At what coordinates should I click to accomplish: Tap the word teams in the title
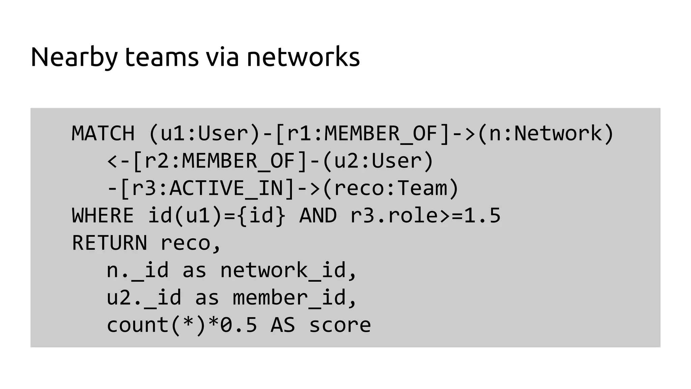[162, 57]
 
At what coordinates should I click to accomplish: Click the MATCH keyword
[103, 133]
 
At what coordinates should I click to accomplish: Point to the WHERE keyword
[103, 215]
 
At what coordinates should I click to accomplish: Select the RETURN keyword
[109, 243]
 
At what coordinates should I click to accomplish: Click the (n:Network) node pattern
[546, 133]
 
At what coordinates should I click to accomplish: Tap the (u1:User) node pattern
[204, 133]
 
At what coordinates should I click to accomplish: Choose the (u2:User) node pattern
[378, 161]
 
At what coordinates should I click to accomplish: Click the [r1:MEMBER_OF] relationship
[362, 133]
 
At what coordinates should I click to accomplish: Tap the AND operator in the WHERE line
[318, 215]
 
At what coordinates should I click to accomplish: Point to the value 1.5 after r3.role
[482, 215]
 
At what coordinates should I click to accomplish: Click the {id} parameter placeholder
[261, 215]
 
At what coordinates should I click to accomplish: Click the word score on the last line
[340, 325]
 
